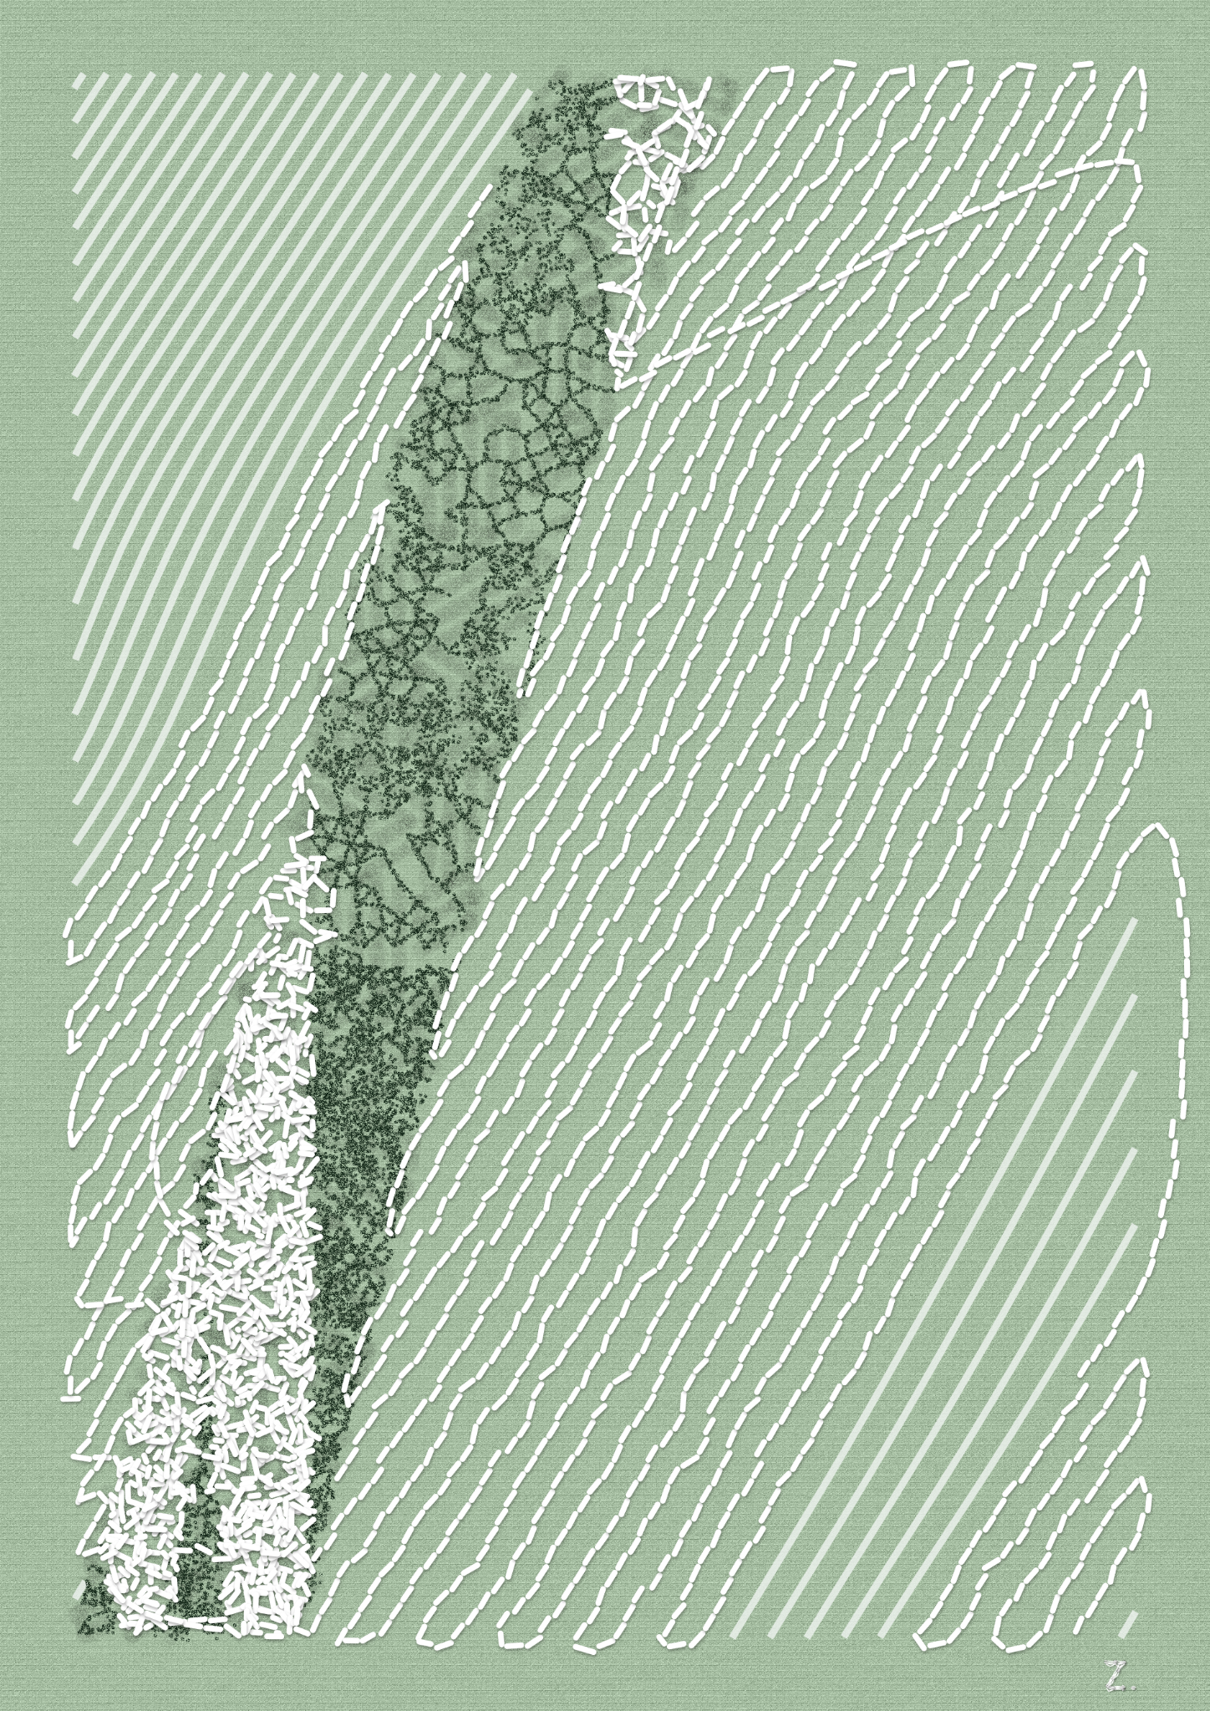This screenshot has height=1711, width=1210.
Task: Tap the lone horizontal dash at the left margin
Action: point(72,1395)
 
